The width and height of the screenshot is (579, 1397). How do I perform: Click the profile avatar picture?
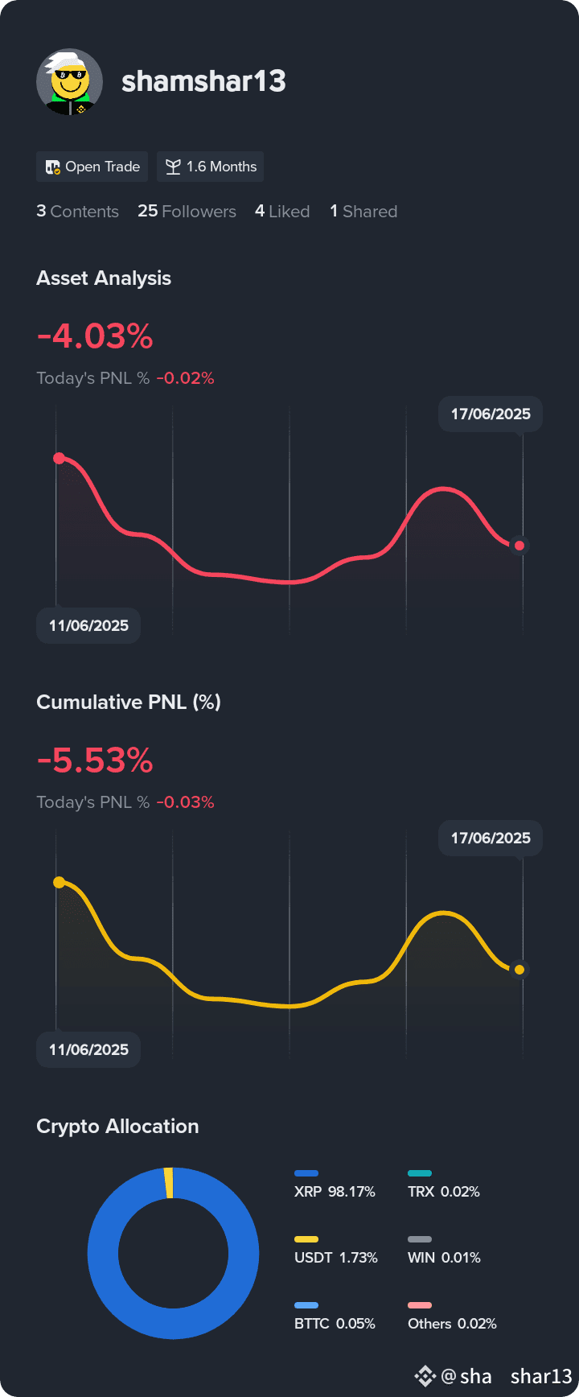(69, 82)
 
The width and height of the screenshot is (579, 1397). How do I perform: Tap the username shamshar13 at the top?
(203, 81)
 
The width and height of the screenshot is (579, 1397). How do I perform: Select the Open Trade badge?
(92, 167)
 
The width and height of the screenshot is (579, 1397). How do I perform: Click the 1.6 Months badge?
(211, 167)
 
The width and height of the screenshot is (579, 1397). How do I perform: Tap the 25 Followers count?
(187, 211)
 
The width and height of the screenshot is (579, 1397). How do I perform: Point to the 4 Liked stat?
(282, 211)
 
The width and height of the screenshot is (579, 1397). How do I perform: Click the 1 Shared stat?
(363, 211)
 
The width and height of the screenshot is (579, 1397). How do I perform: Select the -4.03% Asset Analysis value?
(95, 336)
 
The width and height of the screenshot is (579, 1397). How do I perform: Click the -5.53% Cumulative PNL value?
(95, 760)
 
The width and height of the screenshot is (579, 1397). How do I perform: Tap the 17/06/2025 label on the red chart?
(491, 414)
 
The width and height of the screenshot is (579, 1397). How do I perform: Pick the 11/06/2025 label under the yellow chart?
(88, 1049)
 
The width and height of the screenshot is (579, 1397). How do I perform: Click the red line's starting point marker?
(59, 458)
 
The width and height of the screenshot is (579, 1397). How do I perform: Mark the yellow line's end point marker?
(519, 970)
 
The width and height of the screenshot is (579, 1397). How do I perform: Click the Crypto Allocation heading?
(117, 1126)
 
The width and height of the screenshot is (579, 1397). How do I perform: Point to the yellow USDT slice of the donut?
(169, 1183)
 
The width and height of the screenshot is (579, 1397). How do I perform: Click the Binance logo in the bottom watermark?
(425, 1376)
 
